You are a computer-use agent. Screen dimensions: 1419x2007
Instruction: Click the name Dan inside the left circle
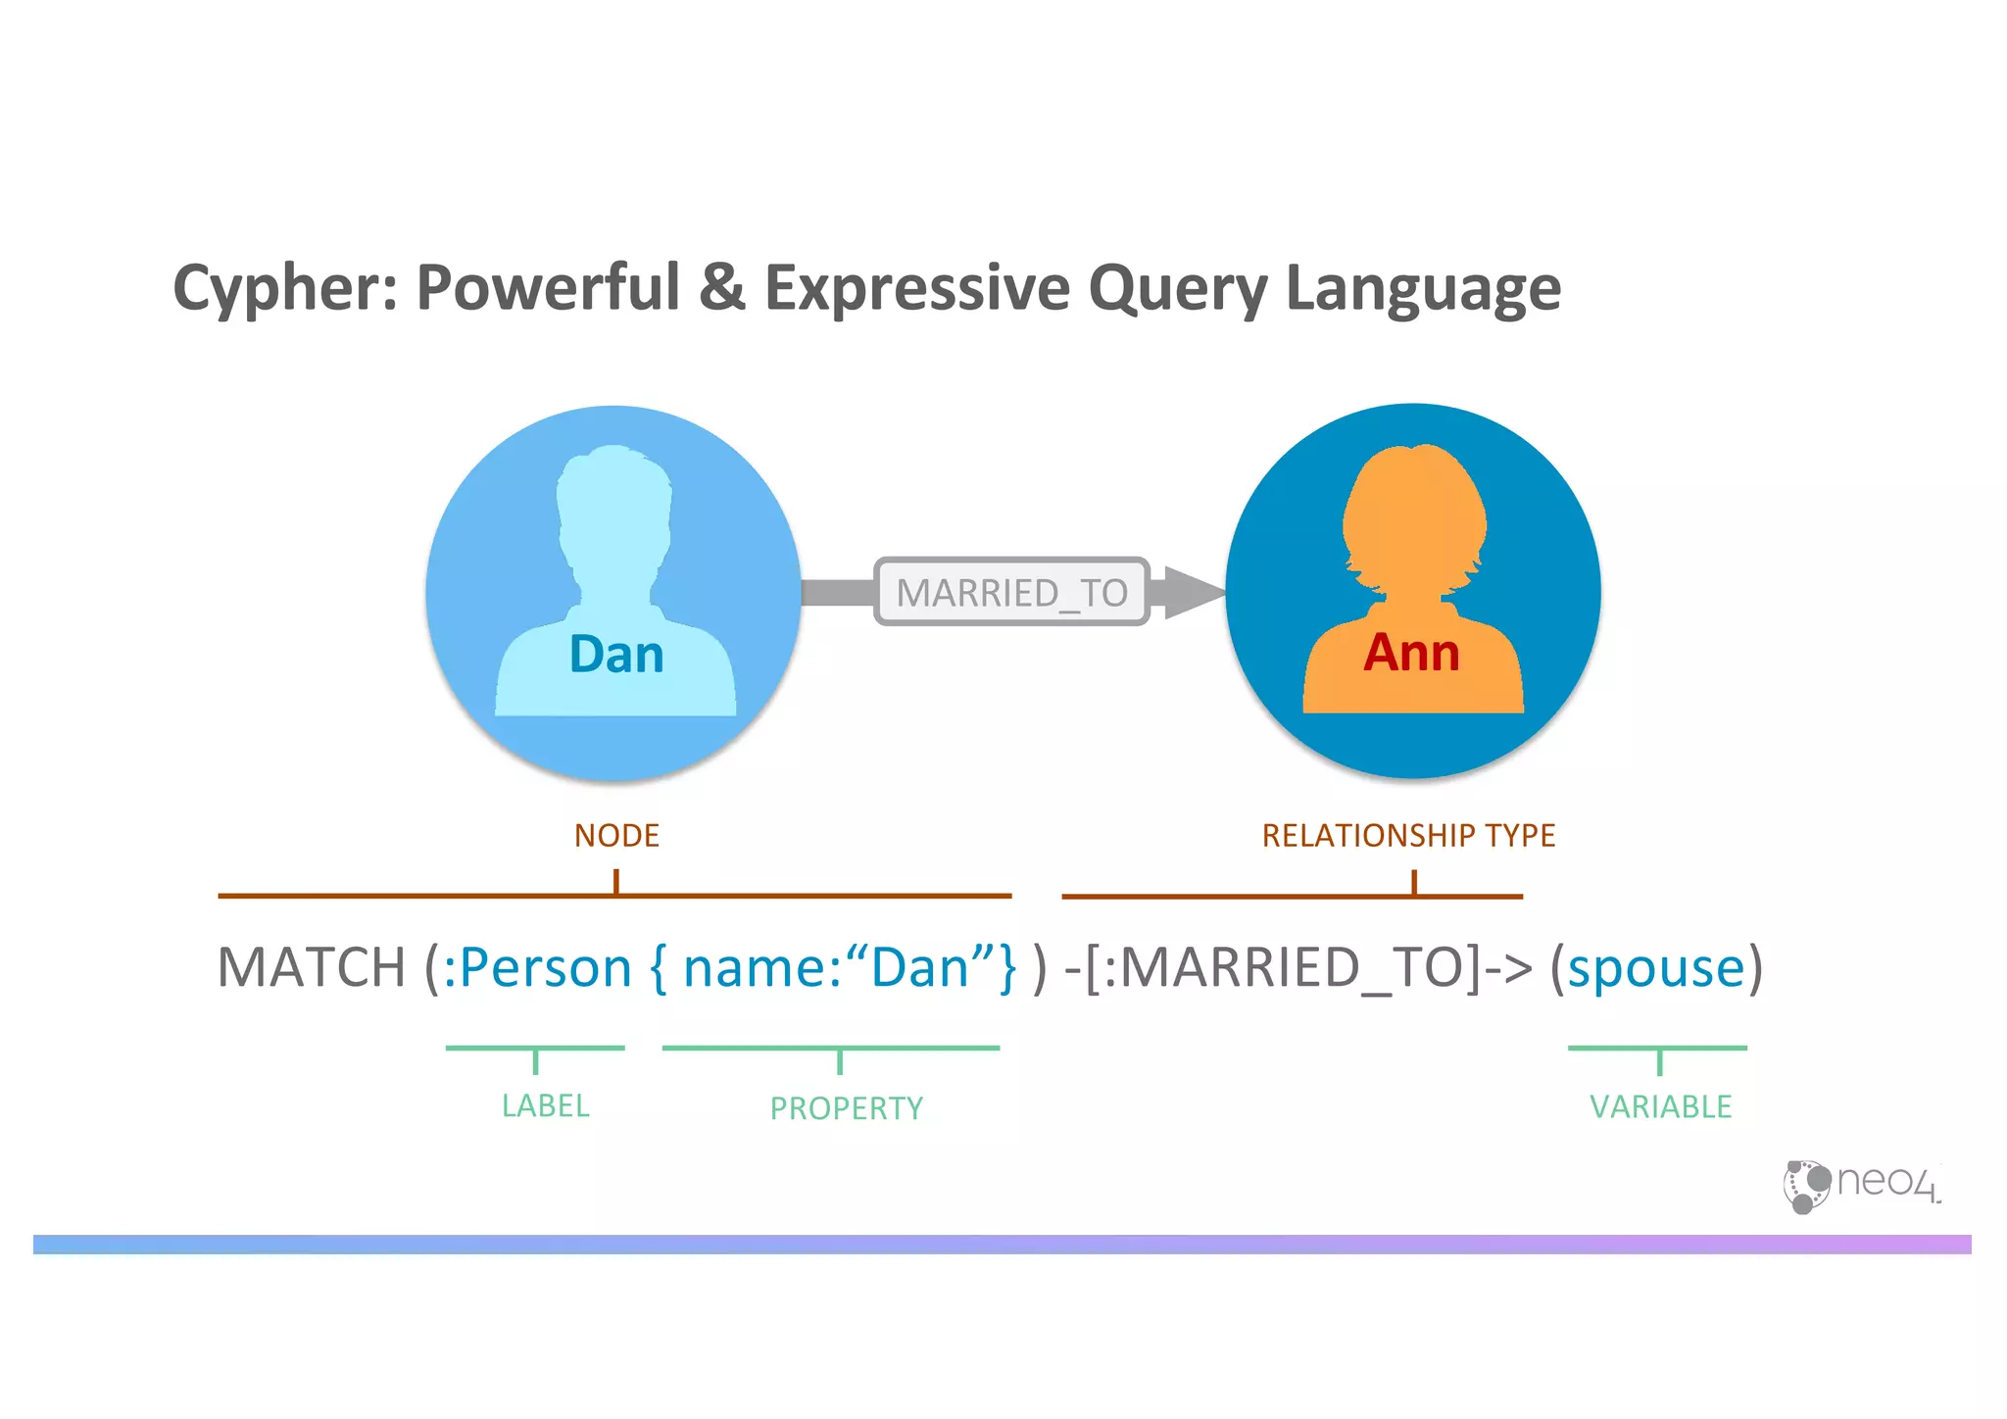tap(616, 654)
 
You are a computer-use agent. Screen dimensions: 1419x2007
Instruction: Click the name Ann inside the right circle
tap(1411, 652)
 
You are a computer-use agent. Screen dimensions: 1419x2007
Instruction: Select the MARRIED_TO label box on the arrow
tap(1011, 592)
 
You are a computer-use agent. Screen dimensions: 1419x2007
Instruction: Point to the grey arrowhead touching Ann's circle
tap(1191, 592)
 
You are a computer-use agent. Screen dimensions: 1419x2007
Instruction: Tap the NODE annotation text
tap(616, 836)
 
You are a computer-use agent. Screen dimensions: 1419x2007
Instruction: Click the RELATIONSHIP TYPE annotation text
tap(1408, 836)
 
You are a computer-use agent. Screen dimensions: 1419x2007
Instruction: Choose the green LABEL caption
tap(545, 1106)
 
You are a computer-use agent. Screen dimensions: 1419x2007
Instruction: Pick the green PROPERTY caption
tap(846, 1108)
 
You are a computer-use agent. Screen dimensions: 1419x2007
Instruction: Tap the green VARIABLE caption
tap(1660, 1107)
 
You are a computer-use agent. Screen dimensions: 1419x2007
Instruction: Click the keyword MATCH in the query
tap(311, 968)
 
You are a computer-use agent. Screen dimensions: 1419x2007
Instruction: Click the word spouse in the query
tap(1656, 968)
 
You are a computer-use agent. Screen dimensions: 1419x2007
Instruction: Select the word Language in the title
tap(1422, 289)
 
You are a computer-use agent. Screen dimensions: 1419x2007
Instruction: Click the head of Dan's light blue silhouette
tap(614, 510)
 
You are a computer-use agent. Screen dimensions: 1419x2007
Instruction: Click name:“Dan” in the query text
tap(839, 968)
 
